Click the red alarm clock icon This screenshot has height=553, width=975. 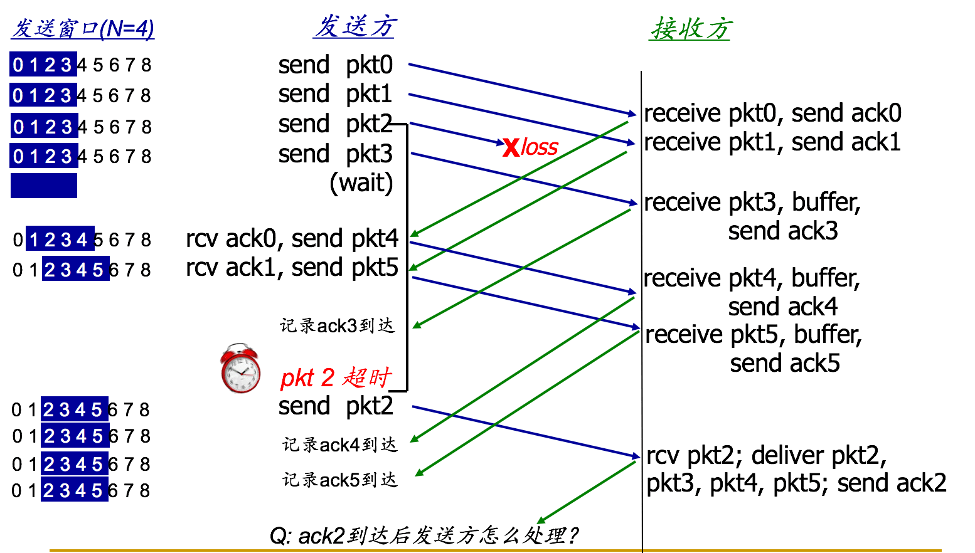coord(241,368)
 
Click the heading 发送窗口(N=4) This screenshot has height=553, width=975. coord(83,29)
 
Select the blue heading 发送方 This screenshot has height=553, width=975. coord(354,26)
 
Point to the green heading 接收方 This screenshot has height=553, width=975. coord(690,29)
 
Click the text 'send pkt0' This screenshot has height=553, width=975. coord(336,65)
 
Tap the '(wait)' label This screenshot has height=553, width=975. coord(361,182)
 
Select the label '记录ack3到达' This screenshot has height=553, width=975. coord(338,325)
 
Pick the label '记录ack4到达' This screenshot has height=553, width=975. coord(340,445)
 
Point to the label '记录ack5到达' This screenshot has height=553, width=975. coord(340,480)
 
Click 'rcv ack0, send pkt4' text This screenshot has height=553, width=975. coord(292,238)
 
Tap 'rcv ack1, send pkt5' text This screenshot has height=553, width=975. coord(292,268)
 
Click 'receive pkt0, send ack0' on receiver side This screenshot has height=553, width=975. coord(772,113)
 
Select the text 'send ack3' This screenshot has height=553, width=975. coord(783,231)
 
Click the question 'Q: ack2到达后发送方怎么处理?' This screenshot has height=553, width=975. coord(424,535)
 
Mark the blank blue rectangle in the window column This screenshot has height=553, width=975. coord(44,186)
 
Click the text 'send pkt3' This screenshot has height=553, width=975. coord(336,154)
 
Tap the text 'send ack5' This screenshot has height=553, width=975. coord(785,363)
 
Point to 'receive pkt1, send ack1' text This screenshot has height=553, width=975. coord(772,142)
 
